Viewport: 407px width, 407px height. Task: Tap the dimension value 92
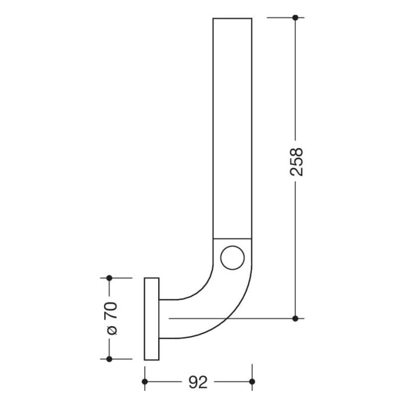click(198, 382)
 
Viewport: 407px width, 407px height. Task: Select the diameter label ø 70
click(112, 317)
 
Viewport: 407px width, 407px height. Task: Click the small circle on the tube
click(233, 258)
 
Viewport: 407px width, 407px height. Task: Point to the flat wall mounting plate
click(151, 319)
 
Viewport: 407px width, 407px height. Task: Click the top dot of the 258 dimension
click(295, 18)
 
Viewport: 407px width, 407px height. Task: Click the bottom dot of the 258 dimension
click(295, 318)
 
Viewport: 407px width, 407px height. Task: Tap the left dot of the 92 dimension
click(144, 382)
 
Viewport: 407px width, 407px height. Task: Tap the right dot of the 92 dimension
click(252, 382)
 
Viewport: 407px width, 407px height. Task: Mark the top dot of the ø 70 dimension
click(109, 278)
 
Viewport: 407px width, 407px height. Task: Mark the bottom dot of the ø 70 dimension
click(109, 359)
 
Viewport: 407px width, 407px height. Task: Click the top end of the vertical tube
click(233, 19)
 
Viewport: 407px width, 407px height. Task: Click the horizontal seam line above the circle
click(233, 238)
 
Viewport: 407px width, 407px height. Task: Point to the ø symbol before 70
click(112, 330)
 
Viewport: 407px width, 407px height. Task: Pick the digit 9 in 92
click(193, 382)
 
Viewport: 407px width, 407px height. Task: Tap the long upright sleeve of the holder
click(233, 128)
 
